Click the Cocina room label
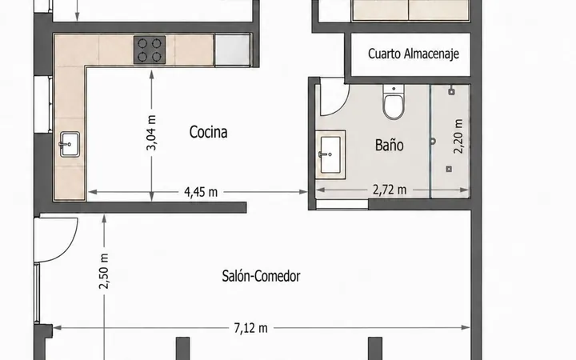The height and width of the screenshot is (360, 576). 208,132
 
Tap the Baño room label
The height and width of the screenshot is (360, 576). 389,145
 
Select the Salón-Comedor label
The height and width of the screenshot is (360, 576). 261,276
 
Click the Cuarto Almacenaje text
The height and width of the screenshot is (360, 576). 414,54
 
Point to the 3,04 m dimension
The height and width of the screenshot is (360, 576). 151,133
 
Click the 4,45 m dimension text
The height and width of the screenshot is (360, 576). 201,192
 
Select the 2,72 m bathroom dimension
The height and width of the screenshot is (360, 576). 390,190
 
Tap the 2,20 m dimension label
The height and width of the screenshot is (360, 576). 458,136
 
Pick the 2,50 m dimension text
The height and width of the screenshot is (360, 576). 104,271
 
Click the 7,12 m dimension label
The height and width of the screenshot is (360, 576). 251,328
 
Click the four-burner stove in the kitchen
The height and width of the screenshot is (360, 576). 150,50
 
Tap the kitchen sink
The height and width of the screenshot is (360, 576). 70,144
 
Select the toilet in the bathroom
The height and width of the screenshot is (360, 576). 394,102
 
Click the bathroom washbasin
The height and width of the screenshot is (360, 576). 330,154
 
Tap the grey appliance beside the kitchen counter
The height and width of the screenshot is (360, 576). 232,50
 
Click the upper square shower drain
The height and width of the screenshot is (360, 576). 451,92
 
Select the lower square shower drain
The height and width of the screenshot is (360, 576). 449,169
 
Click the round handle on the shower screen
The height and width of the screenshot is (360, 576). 433,141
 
